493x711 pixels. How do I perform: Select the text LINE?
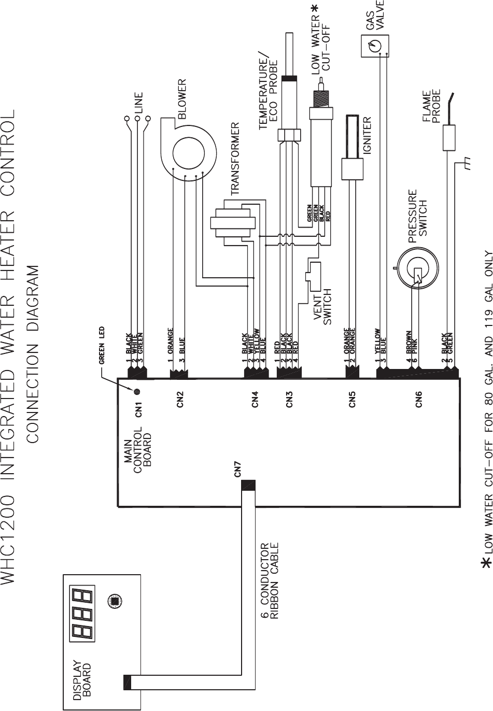[138, 103]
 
